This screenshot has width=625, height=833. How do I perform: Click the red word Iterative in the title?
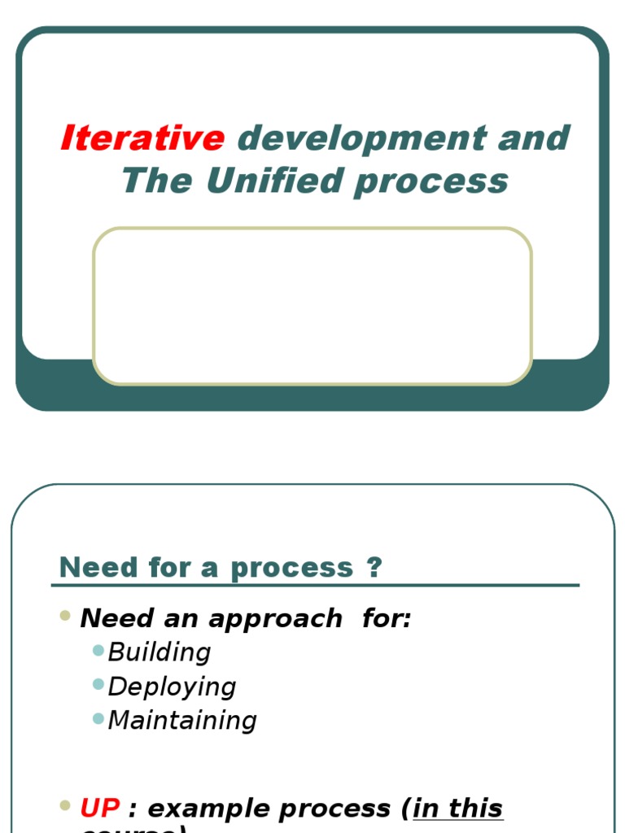[x=142, y=138]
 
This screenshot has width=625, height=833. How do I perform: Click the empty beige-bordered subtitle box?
[x=312, y=306]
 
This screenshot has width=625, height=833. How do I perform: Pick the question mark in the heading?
[x=374, y=567]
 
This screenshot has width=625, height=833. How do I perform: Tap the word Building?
[x=160, y=652]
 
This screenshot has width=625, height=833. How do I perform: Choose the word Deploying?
[x=172, y=686]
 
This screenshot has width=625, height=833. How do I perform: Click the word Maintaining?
[x=182, y=720]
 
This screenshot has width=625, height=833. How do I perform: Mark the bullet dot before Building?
[x=98, y=650]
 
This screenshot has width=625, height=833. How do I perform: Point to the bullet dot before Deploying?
[x=98, y=684]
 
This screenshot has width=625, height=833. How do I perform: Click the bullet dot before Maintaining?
[x=98, y=718]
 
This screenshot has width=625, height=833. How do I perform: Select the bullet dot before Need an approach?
[x=66, y=616]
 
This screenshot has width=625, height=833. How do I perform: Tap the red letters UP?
[x=99, y=808]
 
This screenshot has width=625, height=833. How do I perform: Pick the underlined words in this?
[x=458, y=808]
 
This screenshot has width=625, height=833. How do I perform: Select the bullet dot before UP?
[x=66, y=805]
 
